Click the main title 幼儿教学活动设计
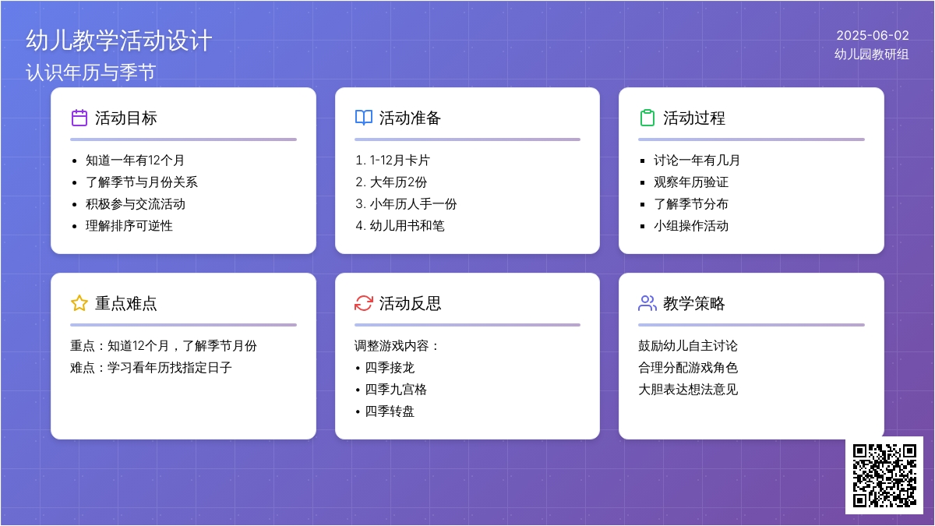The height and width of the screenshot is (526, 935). click(x=119, y=41)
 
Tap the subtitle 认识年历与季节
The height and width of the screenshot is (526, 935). click(x=91, y=72)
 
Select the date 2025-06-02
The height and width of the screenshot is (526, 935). click(x=873, y=36)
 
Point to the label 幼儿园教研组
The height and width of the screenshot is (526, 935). click(x=872, y=55)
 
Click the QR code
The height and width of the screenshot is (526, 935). click(x=884, y=475)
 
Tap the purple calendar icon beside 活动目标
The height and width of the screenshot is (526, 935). click(x=79, y=118)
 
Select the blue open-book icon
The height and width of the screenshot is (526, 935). click(x=364, y=118)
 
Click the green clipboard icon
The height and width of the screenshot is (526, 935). click(x=647, y=118)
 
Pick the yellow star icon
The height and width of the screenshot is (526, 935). click(x=79, y=303)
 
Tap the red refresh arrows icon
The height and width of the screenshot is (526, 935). click(x=364, y=303)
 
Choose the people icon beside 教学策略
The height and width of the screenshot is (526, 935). click(x=647, y=303)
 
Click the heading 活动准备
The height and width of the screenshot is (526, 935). click(x=410, y=118)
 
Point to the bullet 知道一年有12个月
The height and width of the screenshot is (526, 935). click(x=135, y=161)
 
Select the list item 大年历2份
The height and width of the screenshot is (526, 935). click(x=398, y=182)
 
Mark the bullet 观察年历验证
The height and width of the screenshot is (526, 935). click(x=691, y=182)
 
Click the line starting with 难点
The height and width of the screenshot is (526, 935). click(x=150, y=367)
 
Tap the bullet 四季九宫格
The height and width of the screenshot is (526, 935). click(x=396, y=390)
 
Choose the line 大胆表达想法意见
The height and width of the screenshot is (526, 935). click(x=688, y=390)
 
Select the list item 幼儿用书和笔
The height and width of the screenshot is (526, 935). click(x=407, y=226)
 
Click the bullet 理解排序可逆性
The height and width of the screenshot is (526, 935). click(x=129, y=226)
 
